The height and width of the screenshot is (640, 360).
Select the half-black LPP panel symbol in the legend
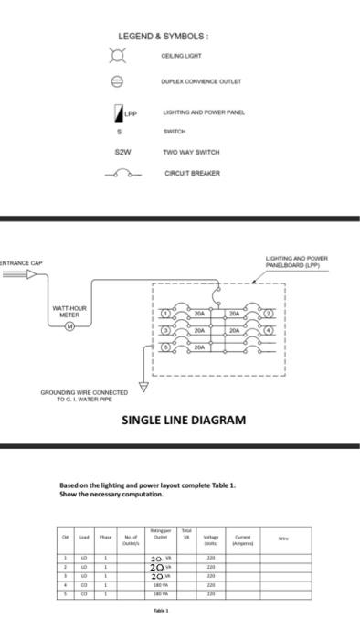point(117,112)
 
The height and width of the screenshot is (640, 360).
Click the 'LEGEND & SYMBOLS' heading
point(164,36)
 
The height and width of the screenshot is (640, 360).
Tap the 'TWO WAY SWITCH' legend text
point(191,152)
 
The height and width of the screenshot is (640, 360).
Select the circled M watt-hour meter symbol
point(70,325)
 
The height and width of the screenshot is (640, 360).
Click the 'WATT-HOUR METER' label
point(70,311)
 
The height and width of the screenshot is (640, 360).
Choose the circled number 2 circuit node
point(270,313)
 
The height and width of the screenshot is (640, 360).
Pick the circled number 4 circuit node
point(270,330)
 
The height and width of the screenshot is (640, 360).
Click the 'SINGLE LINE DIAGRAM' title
point(184,420)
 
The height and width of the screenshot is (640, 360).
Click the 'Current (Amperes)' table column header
point(243,539)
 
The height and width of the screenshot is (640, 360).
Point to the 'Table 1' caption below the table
point(161,609)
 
